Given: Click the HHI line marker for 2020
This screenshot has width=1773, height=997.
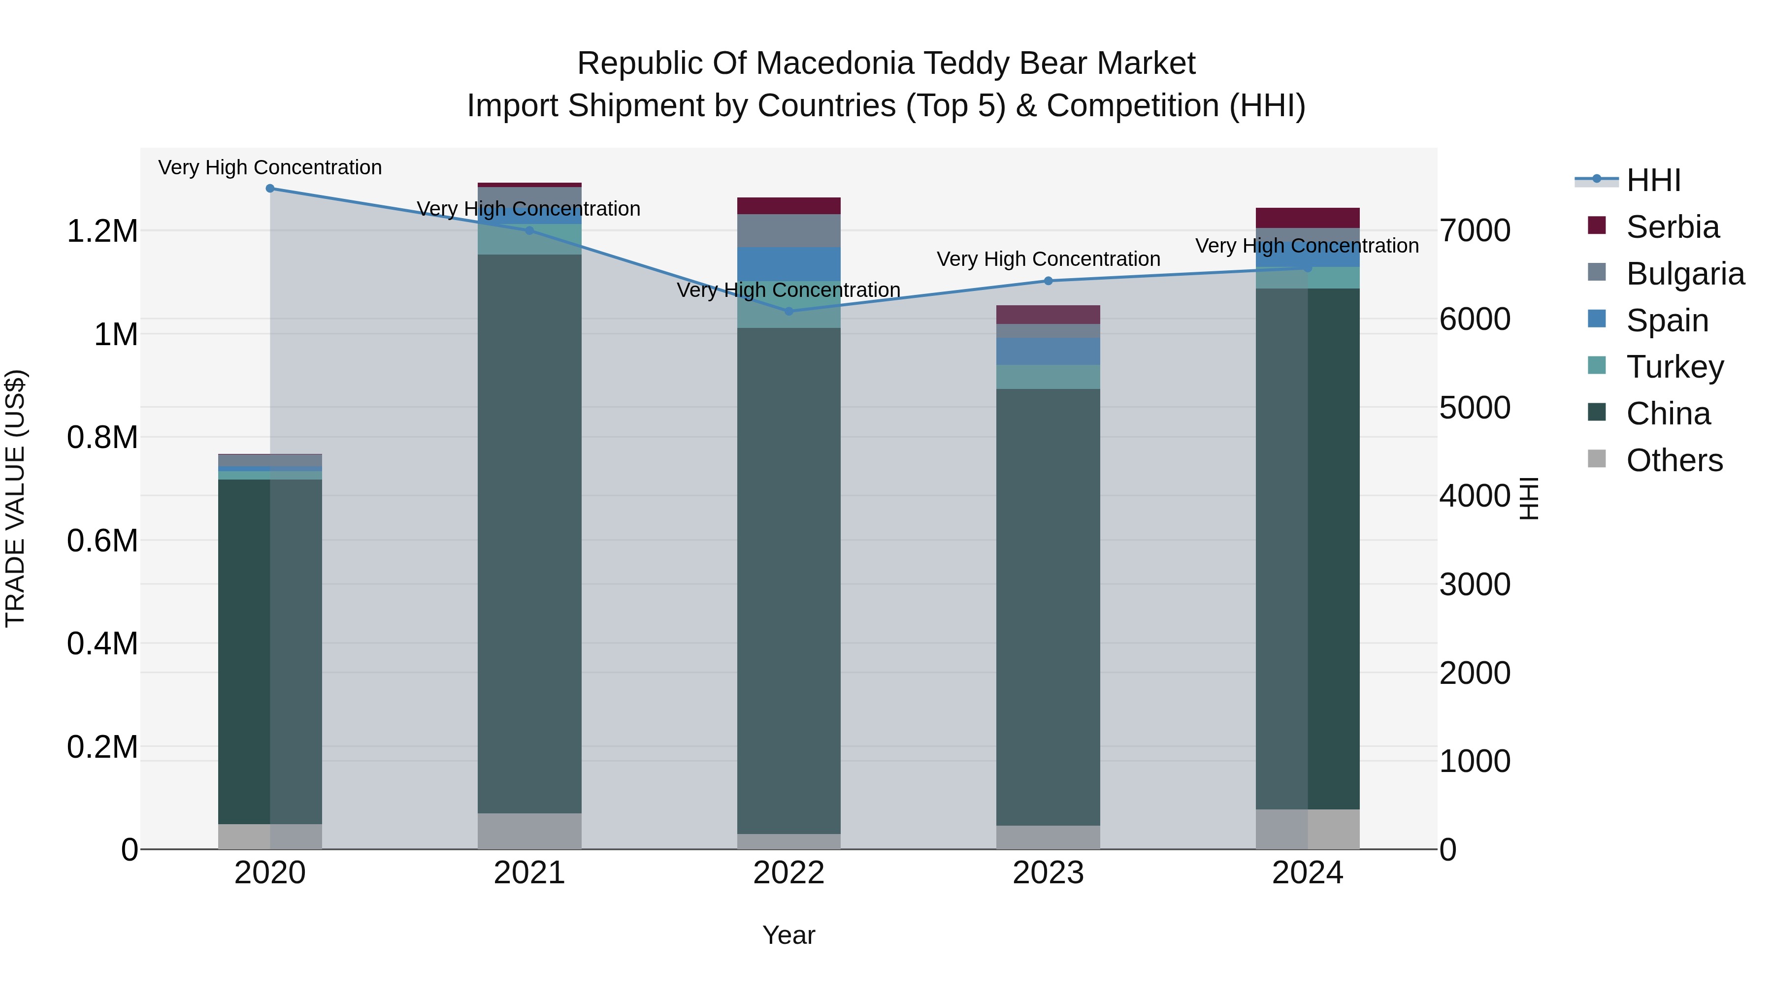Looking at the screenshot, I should click(x=270, y=189).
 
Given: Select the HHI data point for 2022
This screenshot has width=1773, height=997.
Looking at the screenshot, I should click(x=789, y=311).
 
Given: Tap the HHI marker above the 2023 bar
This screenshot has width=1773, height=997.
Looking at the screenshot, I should click(x=1048, y=281).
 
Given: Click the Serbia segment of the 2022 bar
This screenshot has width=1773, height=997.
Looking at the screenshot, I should click(x=789, y=206).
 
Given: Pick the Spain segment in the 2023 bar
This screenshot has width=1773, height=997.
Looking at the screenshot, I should click(x=1048, y=351).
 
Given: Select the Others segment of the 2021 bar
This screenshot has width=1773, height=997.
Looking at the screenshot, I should click(x=529, y=831).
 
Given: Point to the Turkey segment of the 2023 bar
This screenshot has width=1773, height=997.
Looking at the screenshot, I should click(x=1048, y=377).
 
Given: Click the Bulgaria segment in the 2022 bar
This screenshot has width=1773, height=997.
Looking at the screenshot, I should click(x=789, y=230).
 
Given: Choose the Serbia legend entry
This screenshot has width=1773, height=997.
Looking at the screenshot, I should click(x=1673, y=227).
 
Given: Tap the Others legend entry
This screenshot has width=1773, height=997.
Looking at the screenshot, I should click(x=1674, y=460).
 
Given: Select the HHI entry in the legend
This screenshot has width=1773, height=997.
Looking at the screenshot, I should click(x=1653, y=180).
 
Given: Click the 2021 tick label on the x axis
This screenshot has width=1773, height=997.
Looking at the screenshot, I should click(x=529, y=873).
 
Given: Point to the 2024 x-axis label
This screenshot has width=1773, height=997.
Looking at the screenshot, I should click(x=1308, y=873).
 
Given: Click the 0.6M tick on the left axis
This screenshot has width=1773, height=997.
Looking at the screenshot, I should click(x=102, y=541).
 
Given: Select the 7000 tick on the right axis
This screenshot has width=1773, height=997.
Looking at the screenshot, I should click(x=1475, y=230).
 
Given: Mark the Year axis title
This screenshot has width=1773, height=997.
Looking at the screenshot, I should click(x=789, y=935).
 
